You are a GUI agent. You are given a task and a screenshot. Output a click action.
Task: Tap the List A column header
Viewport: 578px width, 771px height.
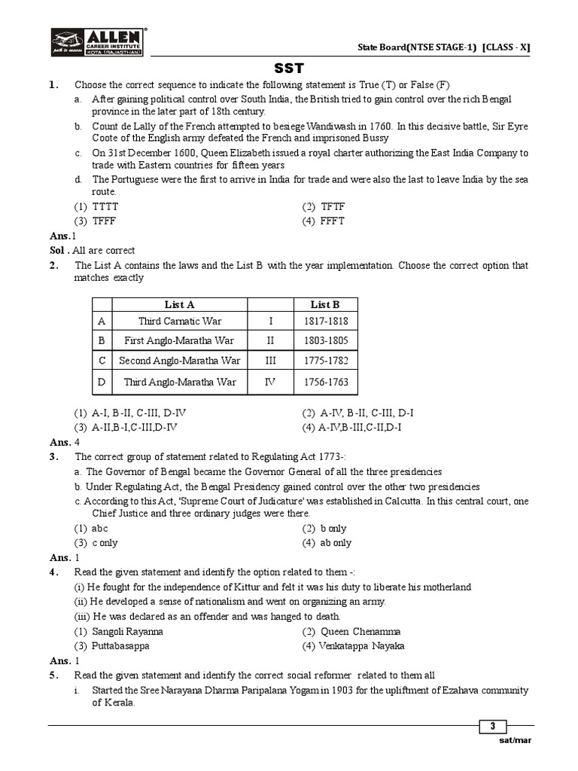point(179,304)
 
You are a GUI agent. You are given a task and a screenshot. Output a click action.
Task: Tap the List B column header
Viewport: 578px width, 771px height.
point(325,304)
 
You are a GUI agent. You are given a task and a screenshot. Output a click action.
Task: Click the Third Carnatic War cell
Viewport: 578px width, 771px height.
point(180,322)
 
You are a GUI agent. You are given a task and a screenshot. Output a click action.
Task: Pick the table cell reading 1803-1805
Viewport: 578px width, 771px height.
point(326,340)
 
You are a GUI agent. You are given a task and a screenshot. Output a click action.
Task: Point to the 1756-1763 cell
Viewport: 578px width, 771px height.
point(326,382)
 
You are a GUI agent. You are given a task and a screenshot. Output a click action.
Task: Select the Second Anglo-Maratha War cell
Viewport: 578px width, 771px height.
point(180,361)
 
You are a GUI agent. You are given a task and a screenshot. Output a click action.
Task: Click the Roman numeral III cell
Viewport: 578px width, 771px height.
point(271,361)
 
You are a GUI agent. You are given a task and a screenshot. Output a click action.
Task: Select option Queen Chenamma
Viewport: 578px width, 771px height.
point(351,632)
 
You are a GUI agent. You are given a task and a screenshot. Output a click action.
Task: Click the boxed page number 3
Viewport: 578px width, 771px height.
point(493,727)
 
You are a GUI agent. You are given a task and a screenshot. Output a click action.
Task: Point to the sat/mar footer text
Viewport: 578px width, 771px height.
point(515,740)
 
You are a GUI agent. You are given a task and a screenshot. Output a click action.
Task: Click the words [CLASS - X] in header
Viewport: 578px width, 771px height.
point(507,47)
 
